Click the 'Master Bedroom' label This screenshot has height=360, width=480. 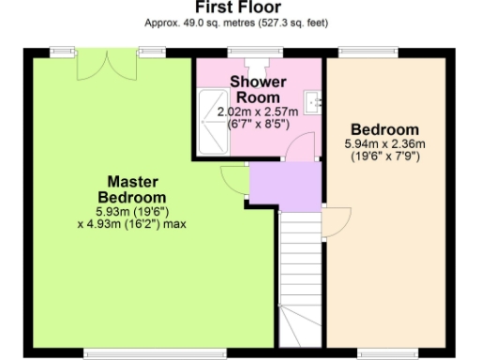131,188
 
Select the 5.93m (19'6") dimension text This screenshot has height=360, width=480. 131,211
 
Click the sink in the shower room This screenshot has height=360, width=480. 313,97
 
